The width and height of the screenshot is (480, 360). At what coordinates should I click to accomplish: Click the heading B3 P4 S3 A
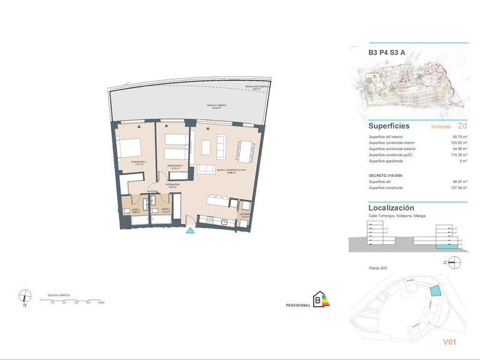tap(387, 53)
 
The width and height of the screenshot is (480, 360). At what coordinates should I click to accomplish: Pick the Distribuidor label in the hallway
tap(173, 186)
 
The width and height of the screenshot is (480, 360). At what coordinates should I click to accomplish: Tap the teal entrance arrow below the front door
tap(191, 231)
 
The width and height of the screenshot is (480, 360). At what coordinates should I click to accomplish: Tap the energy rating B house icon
tap(321, 299)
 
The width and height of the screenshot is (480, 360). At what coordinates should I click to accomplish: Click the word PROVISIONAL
tap(297, 305)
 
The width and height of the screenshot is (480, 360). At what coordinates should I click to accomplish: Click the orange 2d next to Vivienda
tap(462, 126)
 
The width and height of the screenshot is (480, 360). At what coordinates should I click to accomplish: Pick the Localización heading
tap(391, 207)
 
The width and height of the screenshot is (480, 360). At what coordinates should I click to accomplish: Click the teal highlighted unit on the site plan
tap(435, 292)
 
